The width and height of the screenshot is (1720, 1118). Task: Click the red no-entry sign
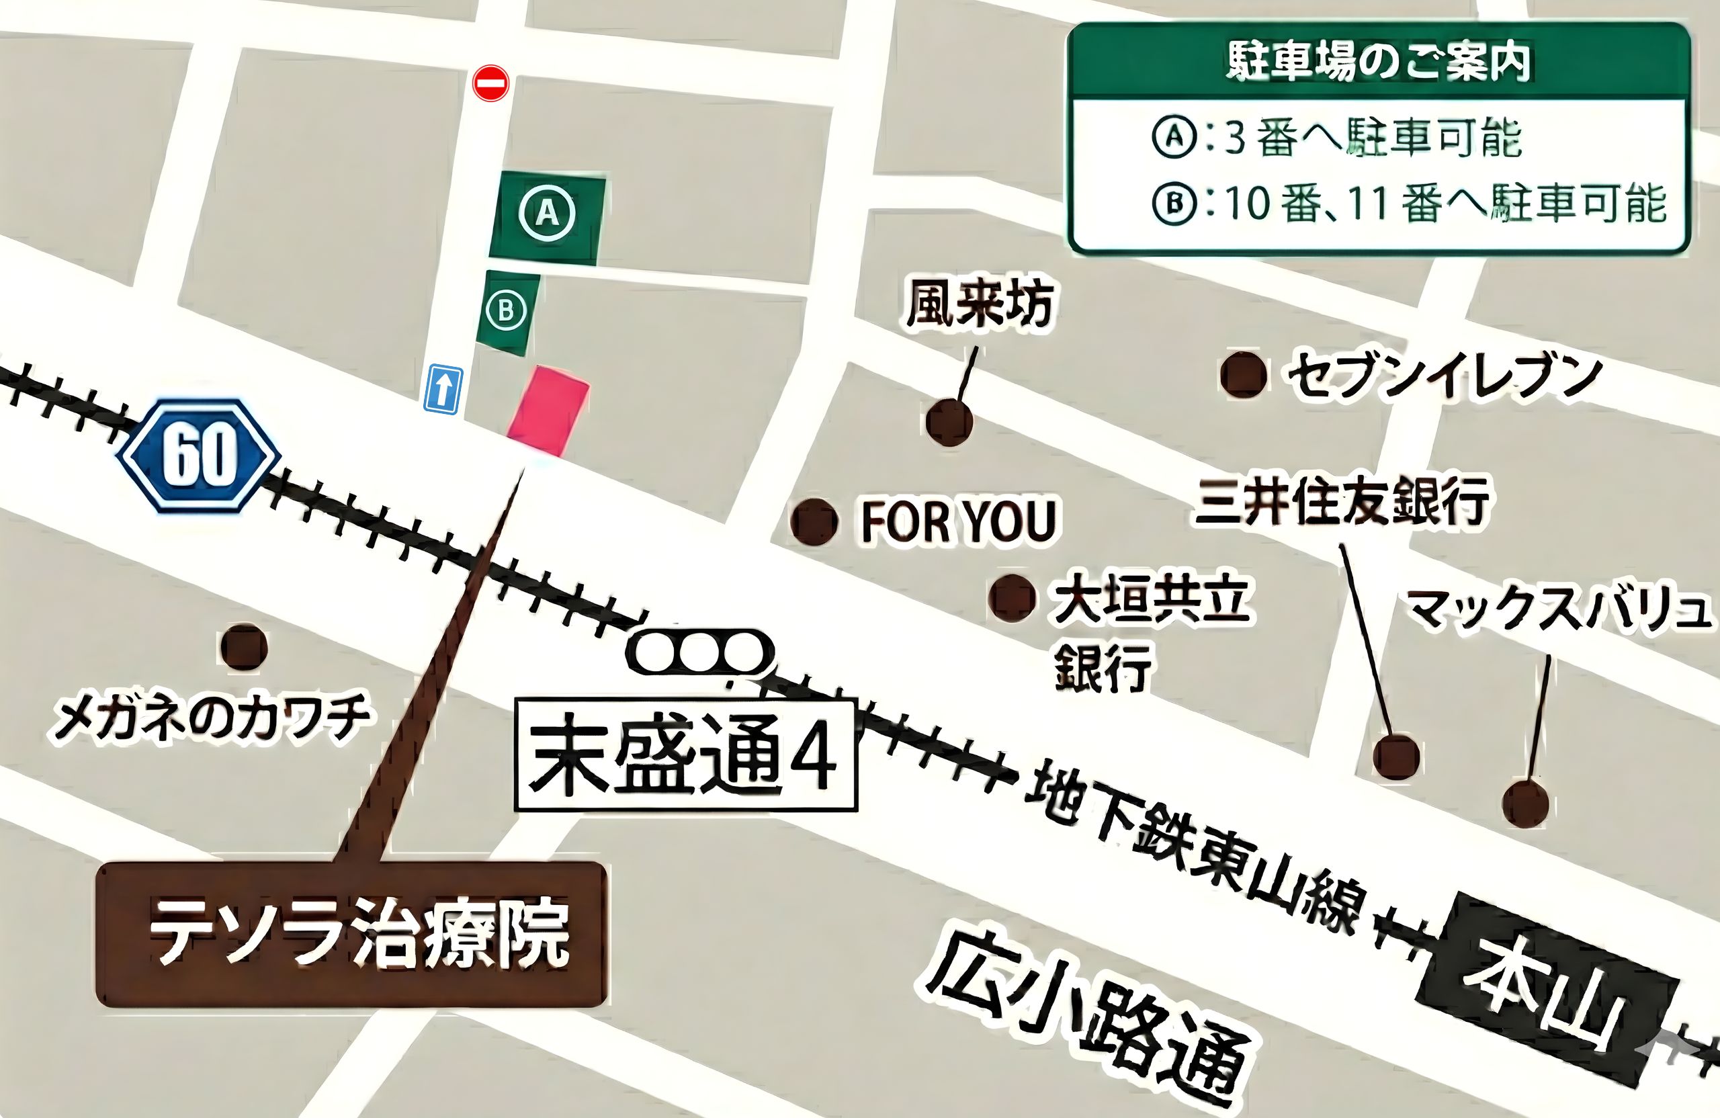[490, 83]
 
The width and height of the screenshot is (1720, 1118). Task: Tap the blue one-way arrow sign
[442, 389]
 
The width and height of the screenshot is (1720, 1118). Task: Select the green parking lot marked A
[547, 216]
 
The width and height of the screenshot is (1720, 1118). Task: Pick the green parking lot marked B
[507, 312]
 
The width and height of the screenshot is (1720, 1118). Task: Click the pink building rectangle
[548, 411]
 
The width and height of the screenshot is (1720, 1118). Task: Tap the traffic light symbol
[699, 652]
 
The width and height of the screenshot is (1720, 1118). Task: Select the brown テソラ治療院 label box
[351, 934]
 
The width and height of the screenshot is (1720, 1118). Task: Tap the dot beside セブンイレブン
[1243, 374]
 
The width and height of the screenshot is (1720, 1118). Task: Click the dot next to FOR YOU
[814, 521]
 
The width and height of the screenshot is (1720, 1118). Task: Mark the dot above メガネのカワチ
[243, 648]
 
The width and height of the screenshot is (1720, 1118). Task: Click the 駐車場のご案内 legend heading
[1378, 62]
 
